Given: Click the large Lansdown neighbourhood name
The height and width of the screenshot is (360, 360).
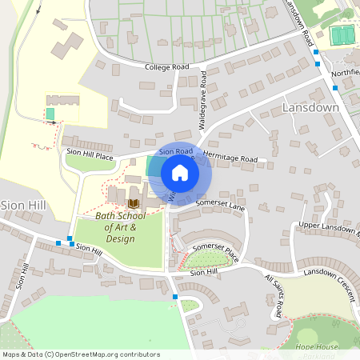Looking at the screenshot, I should point(311,107).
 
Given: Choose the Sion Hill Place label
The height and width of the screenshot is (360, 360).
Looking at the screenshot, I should point(90,151).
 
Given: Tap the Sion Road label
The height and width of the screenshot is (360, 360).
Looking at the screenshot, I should point(176,150).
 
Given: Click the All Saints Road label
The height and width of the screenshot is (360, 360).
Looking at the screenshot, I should point(274,295).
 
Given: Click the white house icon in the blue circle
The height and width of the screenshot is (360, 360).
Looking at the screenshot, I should point(180,173).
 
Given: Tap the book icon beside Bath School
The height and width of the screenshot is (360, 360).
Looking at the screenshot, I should point(133,203).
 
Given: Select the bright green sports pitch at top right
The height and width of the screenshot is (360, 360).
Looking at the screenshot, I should point(342,35).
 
